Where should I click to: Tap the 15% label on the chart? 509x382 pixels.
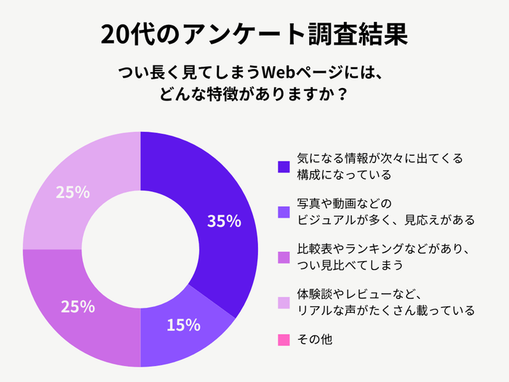(x=183, y=325)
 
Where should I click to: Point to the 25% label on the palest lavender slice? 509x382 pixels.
(x=73, y=193)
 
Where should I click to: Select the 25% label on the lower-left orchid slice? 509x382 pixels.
(x=78, y=306)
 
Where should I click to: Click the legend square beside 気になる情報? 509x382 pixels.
(x=284, y=167)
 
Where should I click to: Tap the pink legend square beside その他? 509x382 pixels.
(x=284, y=339)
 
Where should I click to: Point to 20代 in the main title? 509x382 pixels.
(x=127, y=34)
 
